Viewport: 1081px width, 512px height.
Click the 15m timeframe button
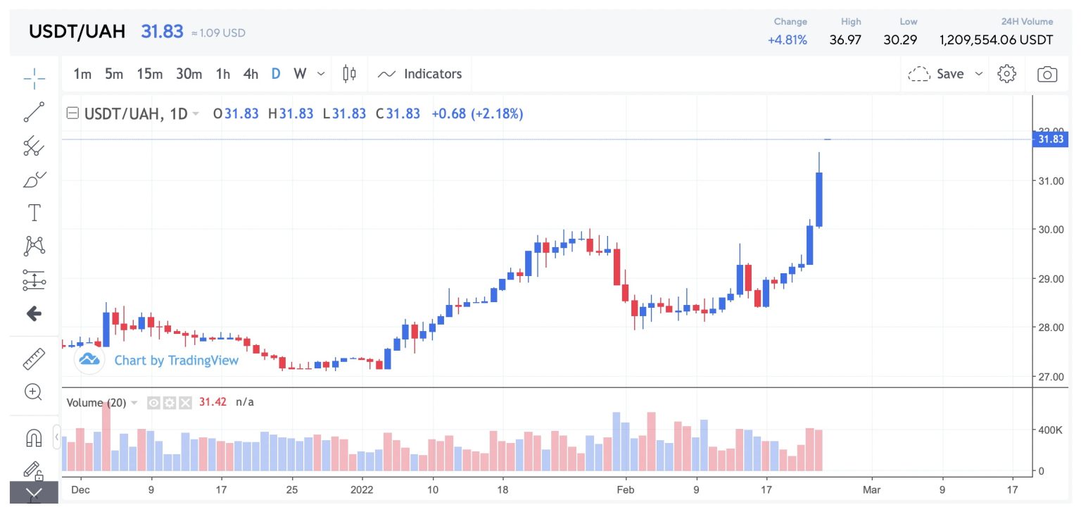tap(149, 74)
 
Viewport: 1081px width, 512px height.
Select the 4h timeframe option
tap(251, 74)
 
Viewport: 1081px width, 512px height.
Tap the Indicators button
tap(420, 74)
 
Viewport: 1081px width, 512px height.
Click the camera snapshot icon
tap(1047, 74)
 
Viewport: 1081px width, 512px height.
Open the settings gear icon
tap(1007, 74)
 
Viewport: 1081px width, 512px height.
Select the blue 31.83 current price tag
tap(1050, 139)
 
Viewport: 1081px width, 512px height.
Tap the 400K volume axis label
tap(1051, 430)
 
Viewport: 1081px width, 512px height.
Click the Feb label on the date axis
tap(625, 489)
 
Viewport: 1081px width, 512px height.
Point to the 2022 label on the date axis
tap(362, 489)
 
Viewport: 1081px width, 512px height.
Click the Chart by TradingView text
tap(176, 361)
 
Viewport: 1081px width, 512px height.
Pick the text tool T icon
tap(34, 212)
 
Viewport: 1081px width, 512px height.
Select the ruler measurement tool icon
tap(34, 359)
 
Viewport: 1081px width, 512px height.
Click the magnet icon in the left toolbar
tap(34, 437)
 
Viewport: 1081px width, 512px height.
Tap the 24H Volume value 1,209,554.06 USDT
tap(996, 39)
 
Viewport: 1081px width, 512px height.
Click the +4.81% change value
tap(787, 39)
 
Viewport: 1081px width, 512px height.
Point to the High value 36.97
tap(845, 39)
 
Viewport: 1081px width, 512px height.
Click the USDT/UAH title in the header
tap(77, 32)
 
